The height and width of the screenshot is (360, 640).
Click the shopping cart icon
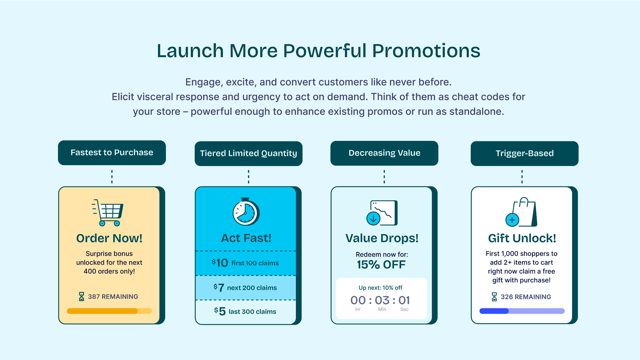pos(108,212)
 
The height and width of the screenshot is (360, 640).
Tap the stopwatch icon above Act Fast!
pos(246,212)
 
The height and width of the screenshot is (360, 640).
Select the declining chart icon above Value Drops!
pos(382,213)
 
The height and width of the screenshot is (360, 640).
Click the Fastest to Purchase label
pos(112,152)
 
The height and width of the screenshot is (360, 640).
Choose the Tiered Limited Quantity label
pos(248,154)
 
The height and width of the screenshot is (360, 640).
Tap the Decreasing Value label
pos(384,153)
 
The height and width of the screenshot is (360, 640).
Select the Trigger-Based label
pos(524,154)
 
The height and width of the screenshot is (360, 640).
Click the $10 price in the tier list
pos(220,263)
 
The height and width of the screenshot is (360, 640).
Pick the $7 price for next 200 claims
pos(218,288)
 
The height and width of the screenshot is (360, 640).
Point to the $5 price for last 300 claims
pos(220,312)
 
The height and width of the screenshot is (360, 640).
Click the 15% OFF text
pos(381,265)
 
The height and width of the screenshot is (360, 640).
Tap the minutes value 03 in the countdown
pos(382,300)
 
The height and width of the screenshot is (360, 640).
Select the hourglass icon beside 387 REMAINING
pos(82,296)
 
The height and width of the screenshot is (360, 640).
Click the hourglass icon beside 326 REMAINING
pos(494,297)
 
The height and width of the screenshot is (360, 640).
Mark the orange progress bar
pos(110,311)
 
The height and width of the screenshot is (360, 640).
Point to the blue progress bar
pos(522,311)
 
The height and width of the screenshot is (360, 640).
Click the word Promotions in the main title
pos(426,51)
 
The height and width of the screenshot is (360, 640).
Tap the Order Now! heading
pos(109,238)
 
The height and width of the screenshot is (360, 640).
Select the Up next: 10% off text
pos(380,288)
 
